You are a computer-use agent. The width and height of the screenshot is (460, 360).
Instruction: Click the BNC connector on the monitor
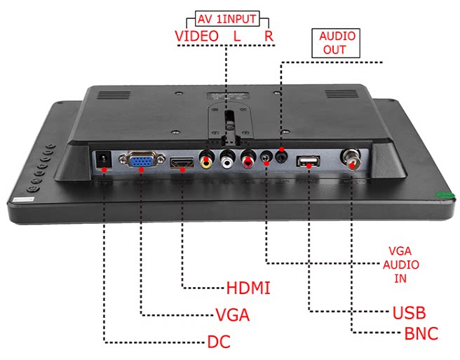pyautogui.click(x=350, y=159)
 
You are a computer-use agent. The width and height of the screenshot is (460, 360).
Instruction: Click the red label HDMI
pyautogui.click(x=248, y=288)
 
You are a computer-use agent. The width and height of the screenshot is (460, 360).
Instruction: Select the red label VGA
pyautogui.click(x=232, y=315)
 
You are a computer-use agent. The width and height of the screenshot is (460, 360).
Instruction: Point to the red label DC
pyautogui.click(x=219, y=342)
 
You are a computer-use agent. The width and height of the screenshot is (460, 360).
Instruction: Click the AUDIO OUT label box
pyautogui.click(x=337, y=43)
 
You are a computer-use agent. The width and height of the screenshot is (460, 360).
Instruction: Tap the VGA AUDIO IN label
pyautogui.click(x=403, y=264)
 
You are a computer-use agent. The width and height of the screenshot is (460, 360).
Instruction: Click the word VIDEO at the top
pyautogui.click(x=196, y=35)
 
